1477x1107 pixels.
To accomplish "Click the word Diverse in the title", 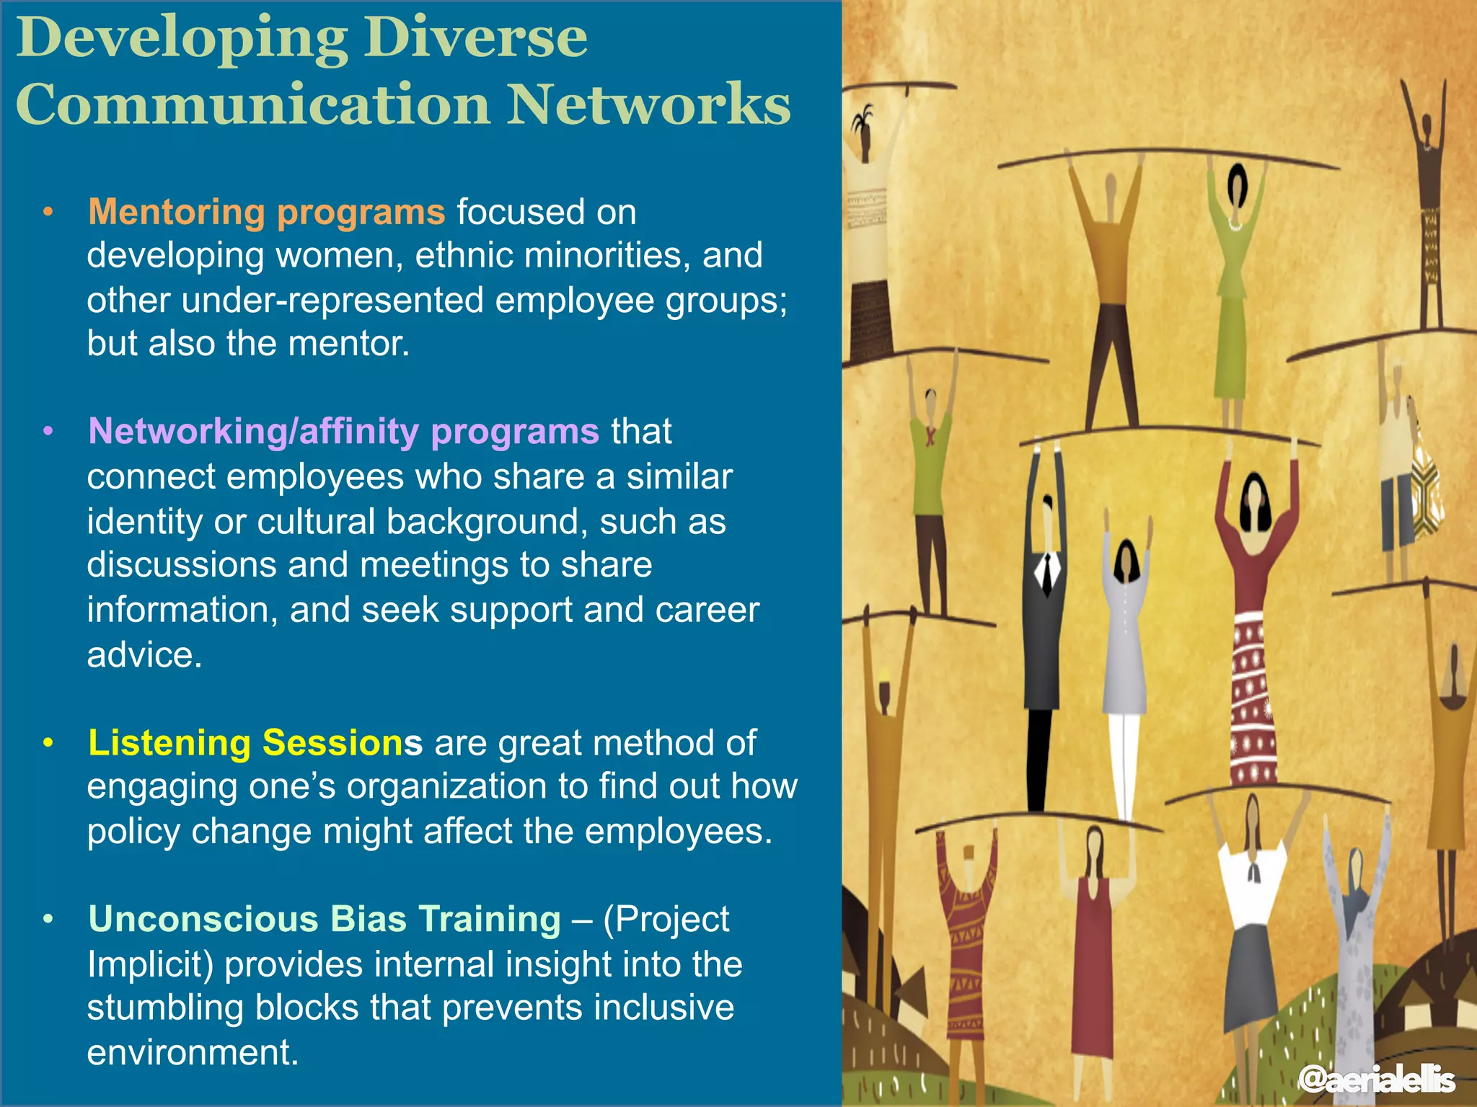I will (476, 37).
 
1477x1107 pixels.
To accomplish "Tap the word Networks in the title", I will (649, 105).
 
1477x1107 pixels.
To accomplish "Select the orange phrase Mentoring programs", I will (266, 212).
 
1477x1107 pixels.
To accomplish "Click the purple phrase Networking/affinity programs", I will (343, 431).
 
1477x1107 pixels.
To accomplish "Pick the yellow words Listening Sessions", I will (255, 742).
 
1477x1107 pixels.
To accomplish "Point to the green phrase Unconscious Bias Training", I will (324, 919).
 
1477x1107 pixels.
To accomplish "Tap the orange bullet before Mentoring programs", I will (48, 212).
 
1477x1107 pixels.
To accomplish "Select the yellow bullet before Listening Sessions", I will (48, 742).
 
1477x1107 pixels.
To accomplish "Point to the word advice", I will (144, 654).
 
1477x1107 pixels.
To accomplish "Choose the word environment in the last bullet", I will (193, 1052).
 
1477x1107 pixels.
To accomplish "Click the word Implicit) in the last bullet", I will (151, 964).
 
